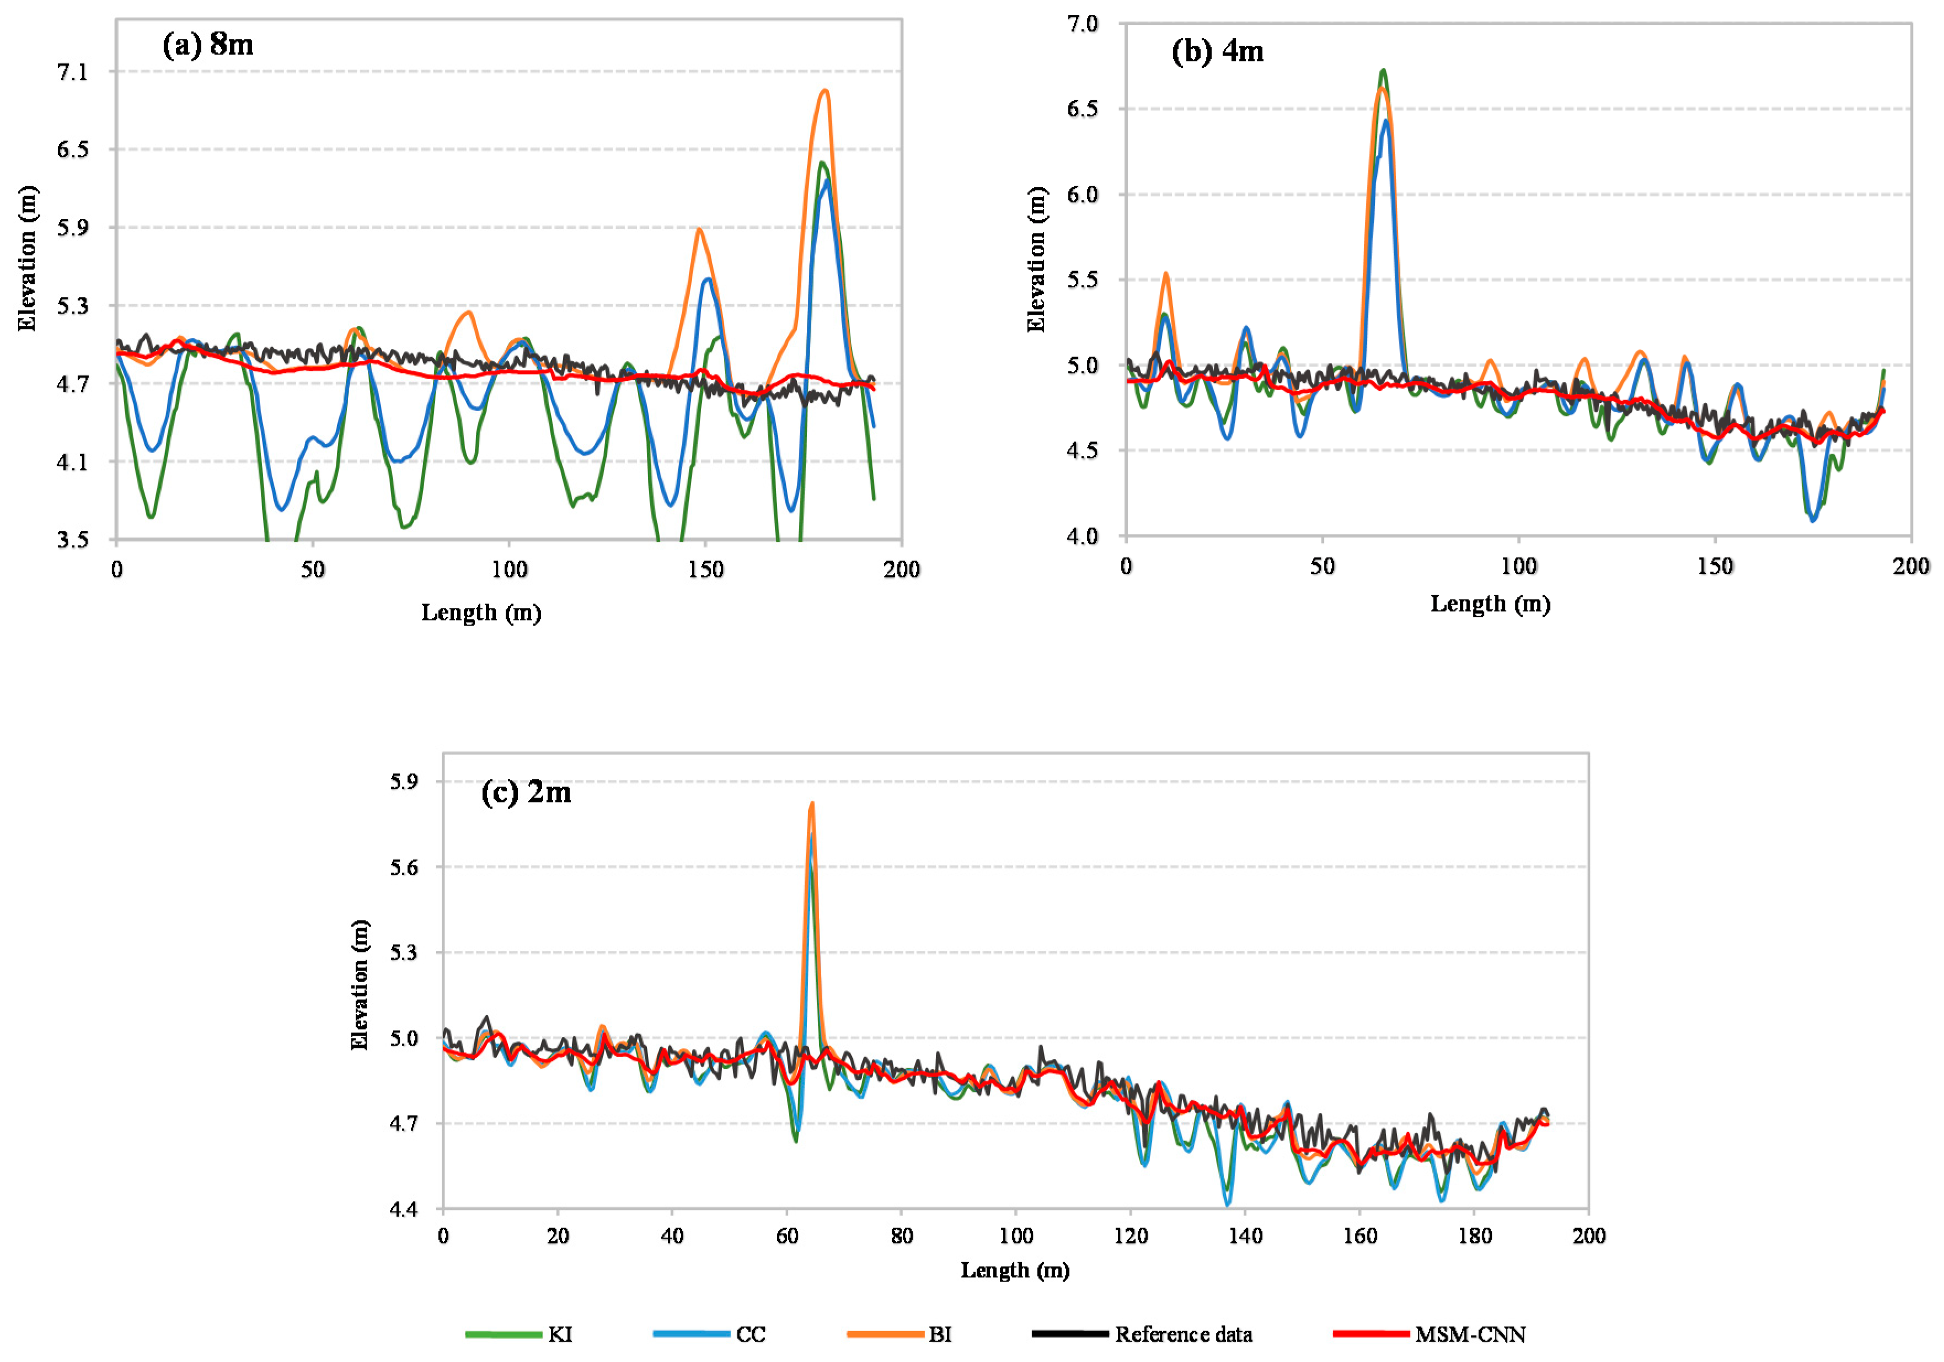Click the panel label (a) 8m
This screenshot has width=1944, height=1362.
click(x=207, y=45)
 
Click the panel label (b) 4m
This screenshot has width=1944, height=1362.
click(x=1217, y=52)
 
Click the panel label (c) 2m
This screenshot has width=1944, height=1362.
click(x=526, y=792)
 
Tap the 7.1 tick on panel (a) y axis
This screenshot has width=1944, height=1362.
click(x=72, y=72)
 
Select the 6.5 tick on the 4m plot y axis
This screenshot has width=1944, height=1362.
click(x=1082, y=109)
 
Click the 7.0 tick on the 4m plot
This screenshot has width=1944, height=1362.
click(x=1082, y=24)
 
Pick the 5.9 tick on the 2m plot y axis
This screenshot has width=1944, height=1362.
click(x=404, y=781)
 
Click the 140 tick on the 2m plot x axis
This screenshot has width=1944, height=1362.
click(x=1245, y=1236)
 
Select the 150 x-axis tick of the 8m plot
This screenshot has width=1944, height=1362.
click(x=705, y=570)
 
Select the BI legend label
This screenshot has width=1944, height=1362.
click(x=940, y=1335)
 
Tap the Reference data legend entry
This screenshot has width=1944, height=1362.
click(x=1183, y=1335)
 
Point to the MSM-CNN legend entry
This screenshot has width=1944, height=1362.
click(x=1470, y=1335)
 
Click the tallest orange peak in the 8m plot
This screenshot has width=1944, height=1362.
click(x=824, y=90)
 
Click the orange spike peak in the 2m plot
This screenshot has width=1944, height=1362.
click(x=812, y=803)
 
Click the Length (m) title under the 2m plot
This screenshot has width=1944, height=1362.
click(x=1014, y=1270)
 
